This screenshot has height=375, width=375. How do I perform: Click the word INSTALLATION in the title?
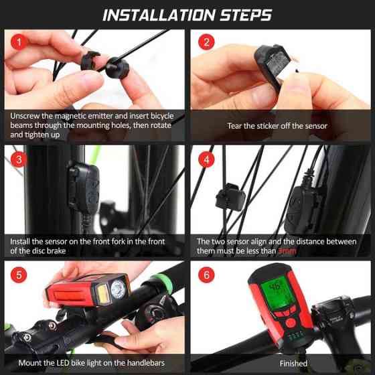click(159, 15)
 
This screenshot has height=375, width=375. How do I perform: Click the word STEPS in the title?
click(246, 15)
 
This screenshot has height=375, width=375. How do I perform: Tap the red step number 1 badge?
click(19, 42)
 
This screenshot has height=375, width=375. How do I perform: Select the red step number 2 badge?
click(206, 42)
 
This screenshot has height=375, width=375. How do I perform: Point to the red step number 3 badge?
click(19, 159)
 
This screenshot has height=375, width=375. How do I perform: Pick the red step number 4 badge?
click(206, 159)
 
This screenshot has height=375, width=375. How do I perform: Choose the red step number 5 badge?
click(19, 275)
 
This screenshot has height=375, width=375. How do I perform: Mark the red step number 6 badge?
click(206, 275)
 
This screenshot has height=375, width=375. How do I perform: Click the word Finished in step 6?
click(293, 364)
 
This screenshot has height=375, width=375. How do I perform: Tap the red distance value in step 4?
click(287, 251)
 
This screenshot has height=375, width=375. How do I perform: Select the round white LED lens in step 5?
click(118, 289)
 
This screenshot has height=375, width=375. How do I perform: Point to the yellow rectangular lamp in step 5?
click(103, 293)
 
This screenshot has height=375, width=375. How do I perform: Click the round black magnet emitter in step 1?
click(117, 68)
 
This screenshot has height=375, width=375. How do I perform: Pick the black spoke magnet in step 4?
click(230, 197)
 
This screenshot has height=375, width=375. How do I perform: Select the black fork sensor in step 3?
click(84, 189)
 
